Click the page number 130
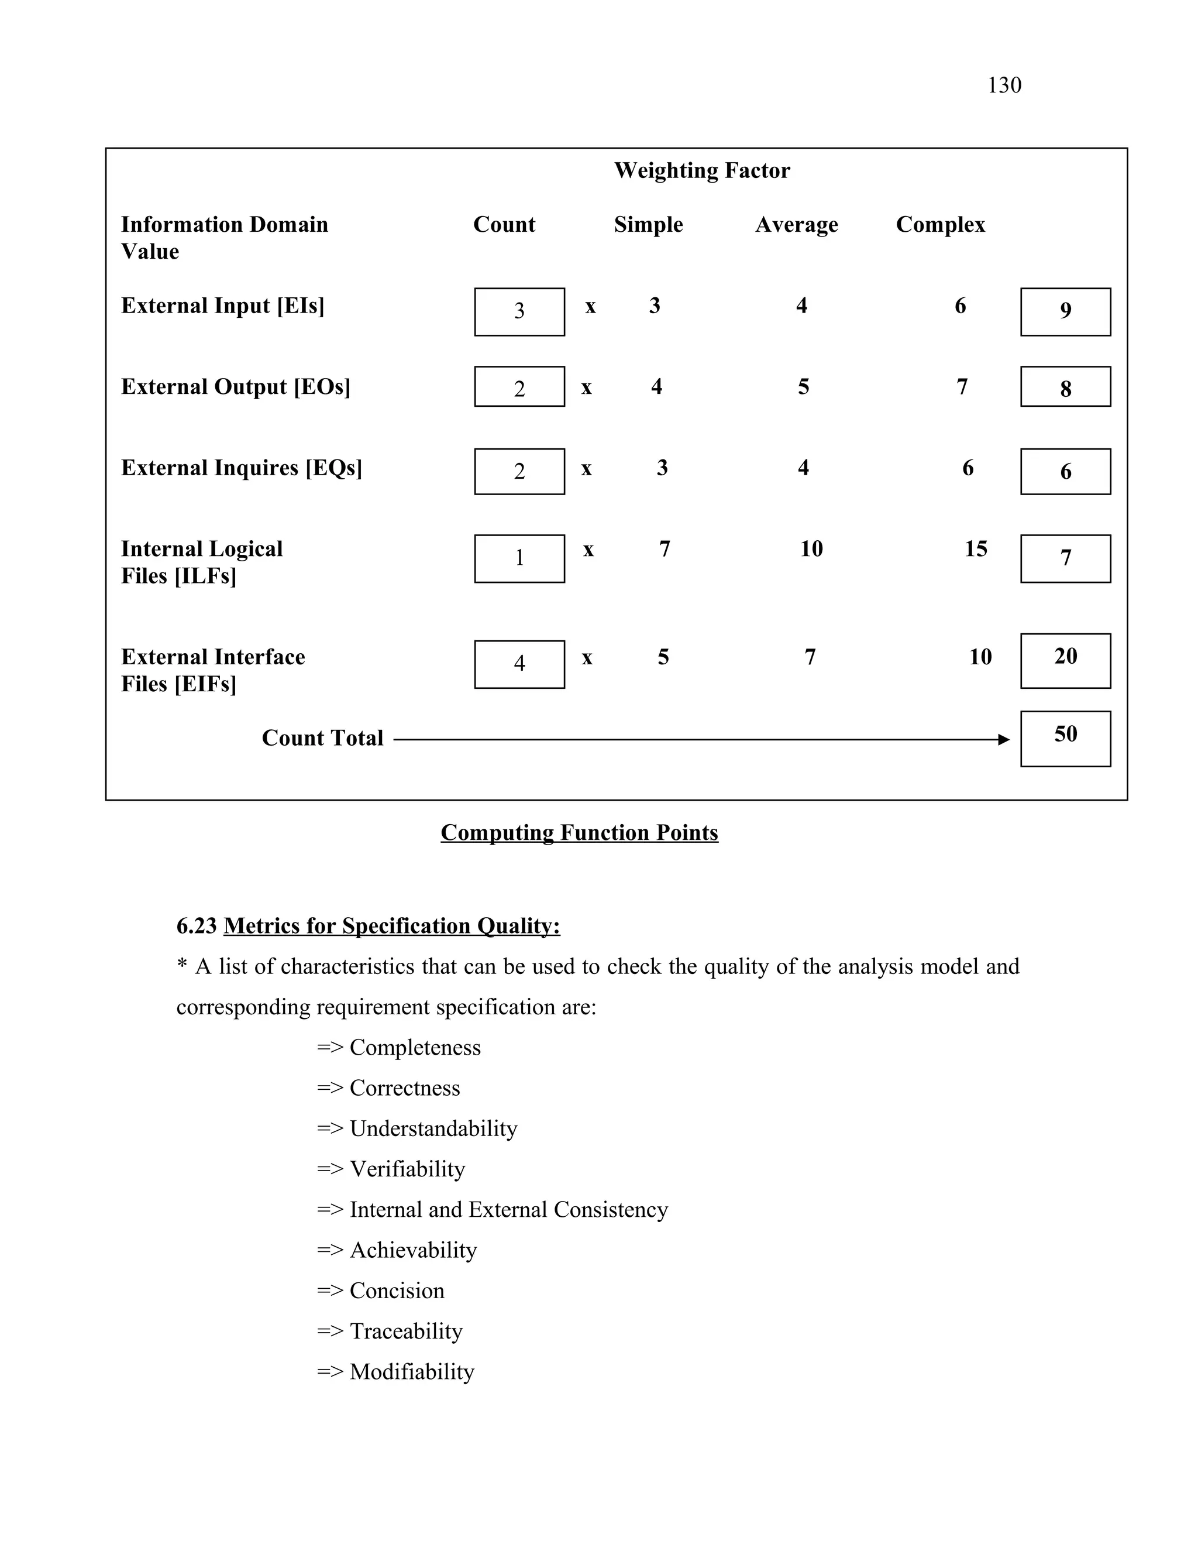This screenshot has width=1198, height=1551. coord(1004,85)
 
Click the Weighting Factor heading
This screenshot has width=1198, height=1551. coord(701,170)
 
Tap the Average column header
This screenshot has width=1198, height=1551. coord(796,224)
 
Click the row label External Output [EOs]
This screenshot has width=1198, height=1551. coord(236,387)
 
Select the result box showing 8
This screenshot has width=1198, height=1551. coord(1065,387)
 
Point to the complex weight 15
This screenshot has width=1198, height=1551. coord(975,548)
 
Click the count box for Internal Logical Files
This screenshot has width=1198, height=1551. coord(519,558)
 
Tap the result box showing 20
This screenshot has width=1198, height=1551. coord(1065,660)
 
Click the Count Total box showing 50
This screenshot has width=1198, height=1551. coord(1065,738)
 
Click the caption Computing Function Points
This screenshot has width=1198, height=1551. coord(579,832)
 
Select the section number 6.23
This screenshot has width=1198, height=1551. coord(196,926)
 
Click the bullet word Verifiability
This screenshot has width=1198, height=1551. coord(407,1169)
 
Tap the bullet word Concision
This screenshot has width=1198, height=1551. coord(397,1291)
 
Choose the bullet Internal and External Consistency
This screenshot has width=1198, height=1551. coord(508,1209)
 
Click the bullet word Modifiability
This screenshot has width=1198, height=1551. coord(412,1371)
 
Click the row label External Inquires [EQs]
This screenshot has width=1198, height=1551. coord(242,468)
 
